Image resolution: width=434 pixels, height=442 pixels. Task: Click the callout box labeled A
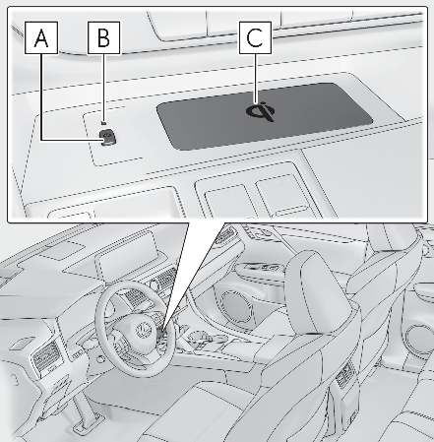point(41,37)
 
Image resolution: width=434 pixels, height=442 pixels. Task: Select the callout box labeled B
point(103,37)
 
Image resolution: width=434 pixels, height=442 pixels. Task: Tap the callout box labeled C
point(255,37)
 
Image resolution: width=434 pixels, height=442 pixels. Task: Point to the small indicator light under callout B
point(103,123)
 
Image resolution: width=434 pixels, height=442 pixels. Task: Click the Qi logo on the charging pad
point(260,111)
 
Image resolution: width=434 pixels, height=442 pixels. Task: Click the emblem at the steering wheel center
point(142,329)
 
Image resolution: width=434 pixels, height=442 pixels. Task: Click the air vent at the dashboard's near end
point(45,357)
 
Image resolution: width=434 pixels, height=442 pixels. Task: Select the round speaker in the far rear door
point(421,339)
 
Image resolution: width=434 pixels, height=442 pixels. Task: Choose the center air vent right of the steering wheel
point(166,280)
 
